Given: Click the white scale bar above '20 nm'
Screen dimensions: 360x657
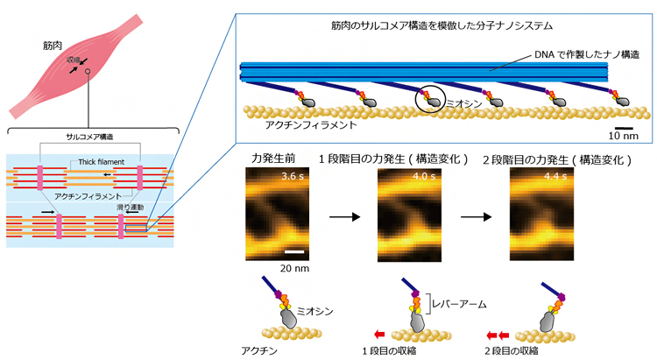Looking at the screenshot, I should [x=295, y=253].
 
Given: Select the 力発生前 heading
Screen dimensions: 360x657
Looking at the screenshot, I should [x=269, y=159].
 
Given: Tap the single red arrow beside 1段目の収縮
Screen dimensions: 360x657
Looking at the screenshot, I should [x=378, y=334].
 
